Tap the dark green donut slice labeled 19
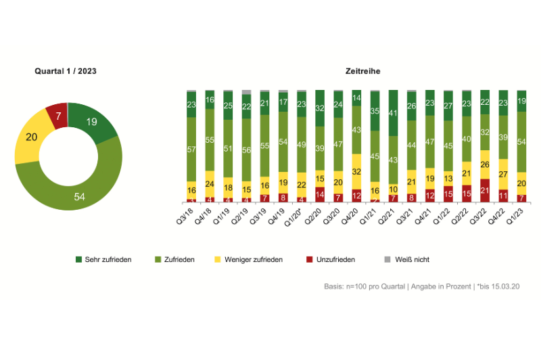[93, 122]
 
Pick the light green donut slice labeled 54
[80, 196]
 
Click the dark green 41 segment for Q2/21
[393, 113]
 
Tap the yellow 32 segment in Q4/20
[356, 172]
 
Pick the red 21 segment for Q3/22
[484, 191]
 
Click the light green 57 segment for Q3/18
[191, 149]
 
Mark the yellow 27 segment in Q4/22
[502, 174]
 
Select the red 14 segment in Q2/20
[320, 195]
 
